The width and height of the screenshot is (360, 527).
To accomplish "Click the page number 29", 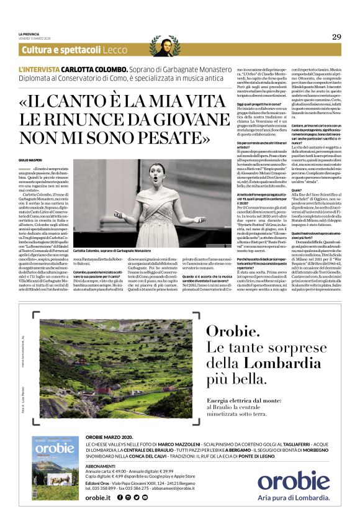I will coord(336,37).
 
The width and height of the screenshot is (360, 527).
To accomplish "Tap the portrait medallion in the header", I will coord(163,45).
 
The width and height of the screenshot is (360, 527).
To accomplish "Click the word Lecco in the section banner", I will coord(117,50).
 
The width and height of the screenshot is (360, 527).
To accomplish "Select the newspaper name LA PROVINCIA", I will coord(29,34).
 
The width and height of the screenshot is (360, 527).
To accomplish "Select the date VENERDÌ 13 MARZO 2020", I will coord(35,38).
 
